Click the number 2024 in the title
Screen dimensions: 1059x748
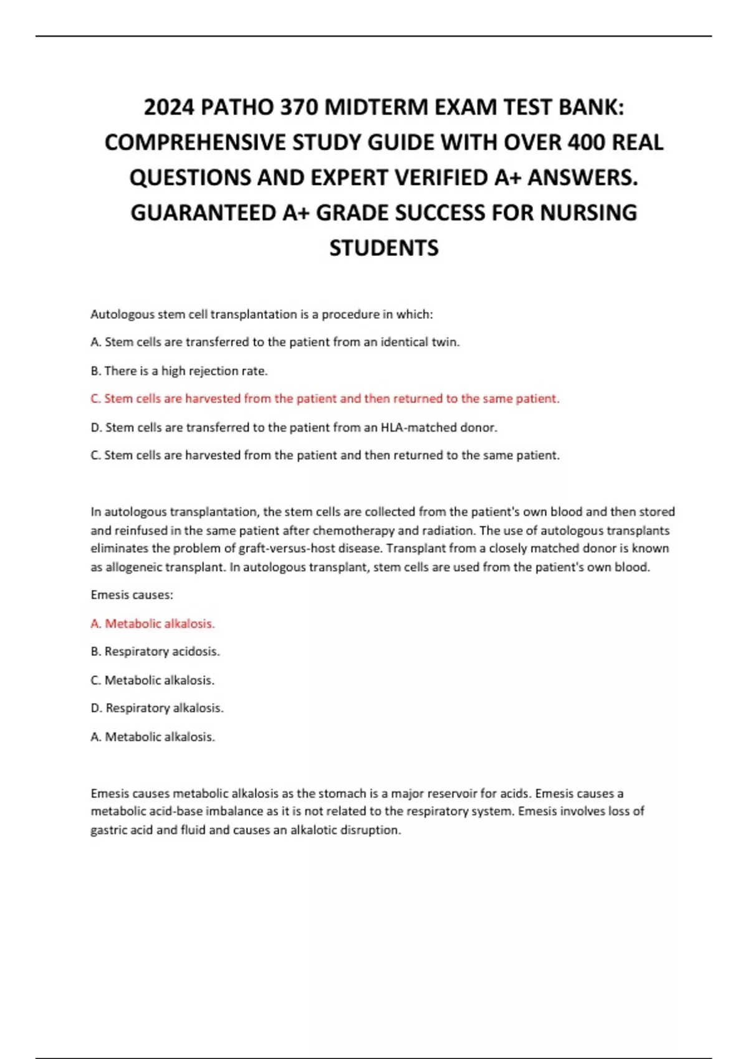(x=169, y=108)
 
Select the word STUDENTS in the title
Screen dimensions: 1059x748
(x=383, y=248)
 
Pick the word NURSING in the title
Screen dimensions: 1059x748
(x=588, y=213)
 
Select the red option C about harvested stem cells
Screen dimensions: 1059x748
(x=325, y=399)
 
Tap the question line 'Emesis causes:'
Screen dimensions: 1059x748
(x=132, y=595)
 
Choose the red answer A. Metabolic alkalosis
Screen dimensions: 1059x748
(x=153, y=624)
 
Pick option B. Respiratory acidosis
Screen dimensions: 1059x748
(x=155, y=652)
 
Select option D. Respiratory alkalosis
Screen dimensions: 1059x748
(x=157, y=708)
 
